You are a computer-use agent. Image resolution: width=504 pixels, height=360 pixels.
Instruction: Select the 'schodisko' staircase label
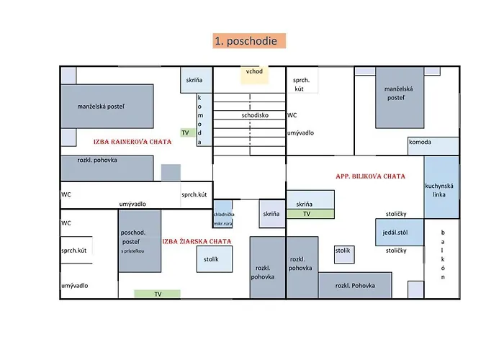[250, 115]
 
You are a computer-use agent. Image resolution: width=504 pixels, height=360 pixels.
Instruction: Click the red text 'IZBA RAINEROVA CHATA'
[132, 142]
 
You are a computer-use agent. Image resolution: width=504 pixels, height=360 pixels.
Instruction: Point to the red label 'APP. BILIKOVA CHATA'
[370, 176]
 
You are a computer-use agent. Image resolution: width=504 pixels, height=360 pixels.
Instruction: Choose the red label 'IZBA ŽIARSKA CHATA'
[197, 242]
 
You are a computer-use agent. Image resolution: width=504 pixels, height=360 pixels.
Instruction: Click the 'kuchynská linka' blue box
[441, 187]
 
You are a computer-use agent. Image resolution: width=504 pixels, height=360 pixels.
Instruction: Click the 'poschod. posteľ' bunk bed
[139, 240]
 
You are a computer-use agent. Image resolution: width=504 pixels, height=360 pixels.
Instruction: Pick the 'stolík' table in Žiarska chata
[215, 258]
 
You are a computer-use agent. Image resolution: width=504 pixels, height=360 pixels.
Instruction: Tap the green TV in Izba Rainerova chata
[185, 133]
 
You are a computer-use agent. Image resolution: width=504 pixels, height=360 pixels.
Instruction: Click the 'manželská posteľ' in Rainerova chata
[107, 107]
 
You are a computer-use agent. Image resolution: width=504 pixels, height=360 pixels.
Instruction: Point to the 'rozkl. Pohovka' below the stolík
[355, 285]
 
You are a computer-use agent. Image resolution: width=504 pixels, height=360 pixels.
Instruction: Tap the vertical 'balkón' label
[443, 255]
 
